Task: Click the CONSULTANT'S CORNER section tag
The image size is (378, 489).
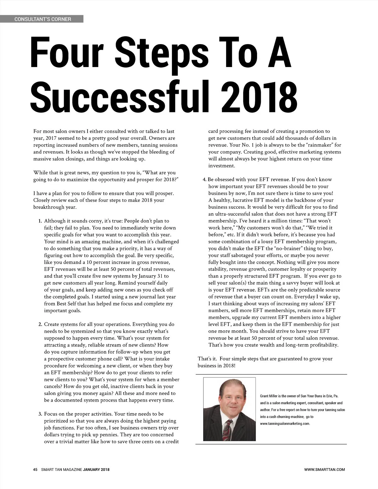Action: (x=43, y=19)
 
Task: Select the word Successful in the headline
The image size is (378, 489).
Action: (x=120, y=95)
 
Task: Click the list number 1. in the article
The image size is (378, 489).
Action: (x=40, y=221)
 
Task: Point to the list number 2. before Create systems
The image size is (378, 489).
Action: (x=40, y=324)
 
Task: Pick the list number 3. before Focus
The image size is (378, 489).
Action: (x=40, y=414)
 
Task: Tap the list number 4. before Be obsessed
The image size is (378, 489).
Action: (x=204, y=179)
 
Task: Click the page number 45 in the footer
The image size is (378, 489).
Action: (x=35, y=470)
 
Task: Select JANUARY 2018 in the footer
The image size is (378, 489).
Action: (x=96, y=470)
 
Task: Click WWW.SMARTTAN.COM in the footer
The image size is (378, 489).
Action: (x=324, y=470)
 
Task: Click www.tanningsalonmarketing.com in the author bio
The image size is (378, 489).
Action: (x=285, y=424)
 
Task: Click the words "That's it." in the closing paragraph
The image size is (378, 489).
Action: (x=207, y=359)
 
